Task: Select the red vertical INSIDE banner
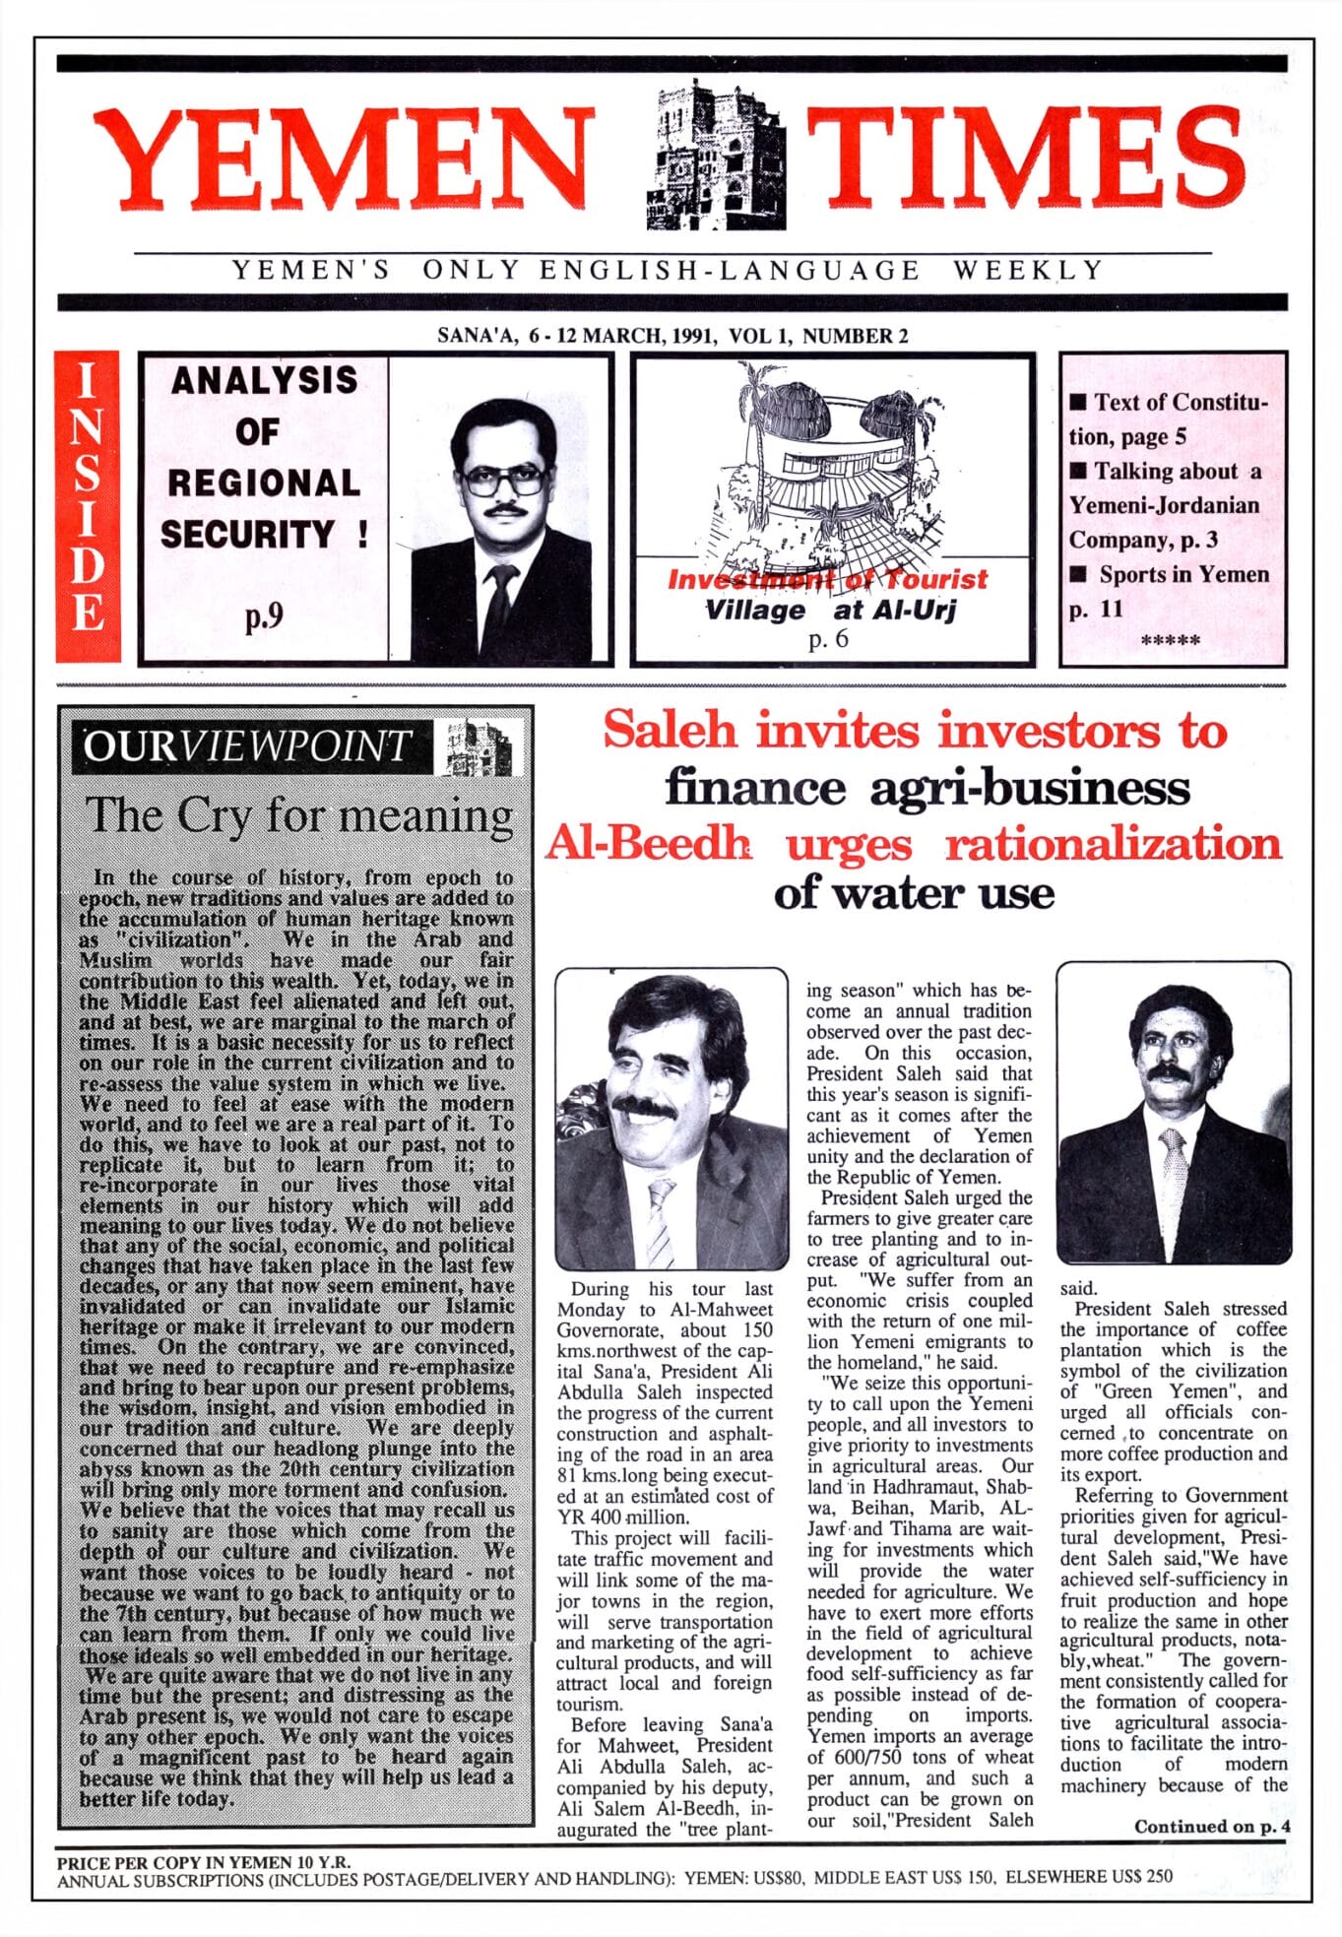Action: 88,506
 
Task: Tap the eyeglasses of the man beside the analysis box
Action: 504,479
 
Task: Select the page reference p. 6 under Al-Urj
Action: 828,640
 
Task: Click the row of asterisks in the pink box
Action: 1171,641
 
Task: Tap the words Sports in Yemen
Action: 1183,574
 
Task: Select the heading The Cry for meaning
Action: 299,815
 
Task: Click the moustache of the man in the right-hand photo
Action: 1170,1071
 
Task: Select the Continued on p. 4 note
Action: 1211,1827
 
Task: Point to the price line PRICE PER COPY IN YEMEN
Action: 204,1862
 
